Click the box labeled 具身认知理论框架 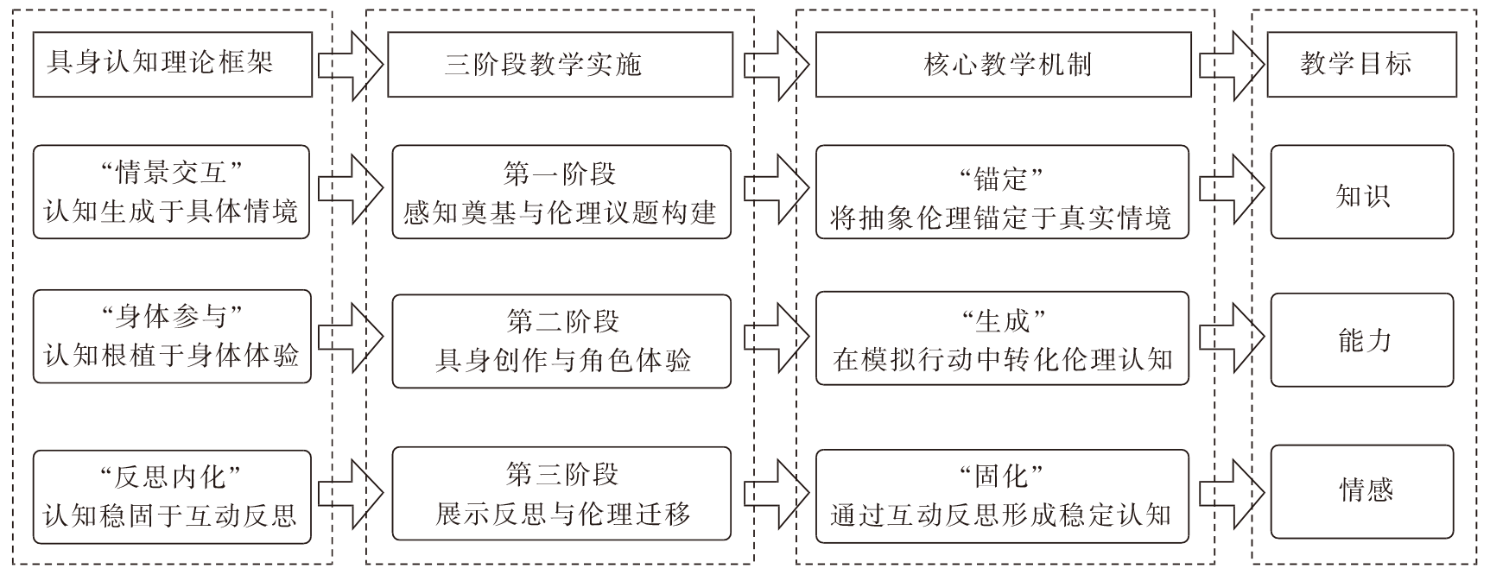click(172, 65)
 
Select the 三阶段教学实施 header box click(560, 65)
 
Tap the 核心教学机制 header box click(1003, 65)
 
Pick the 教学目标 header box click(1361, 65)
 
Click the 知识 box click(1362, 193)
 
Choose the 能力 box click(1362, 340)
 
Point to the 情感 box click(1362, 491)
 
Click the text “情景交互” click(171, 173)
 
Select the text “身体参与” click(171, 317)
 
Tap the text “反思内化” click(171, 477)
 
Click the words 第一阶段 click(560, 174)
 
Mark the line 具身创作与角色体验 click(563, 360)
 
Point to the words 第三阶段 click(562, 474)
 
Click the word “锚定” click(1002, 180)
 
